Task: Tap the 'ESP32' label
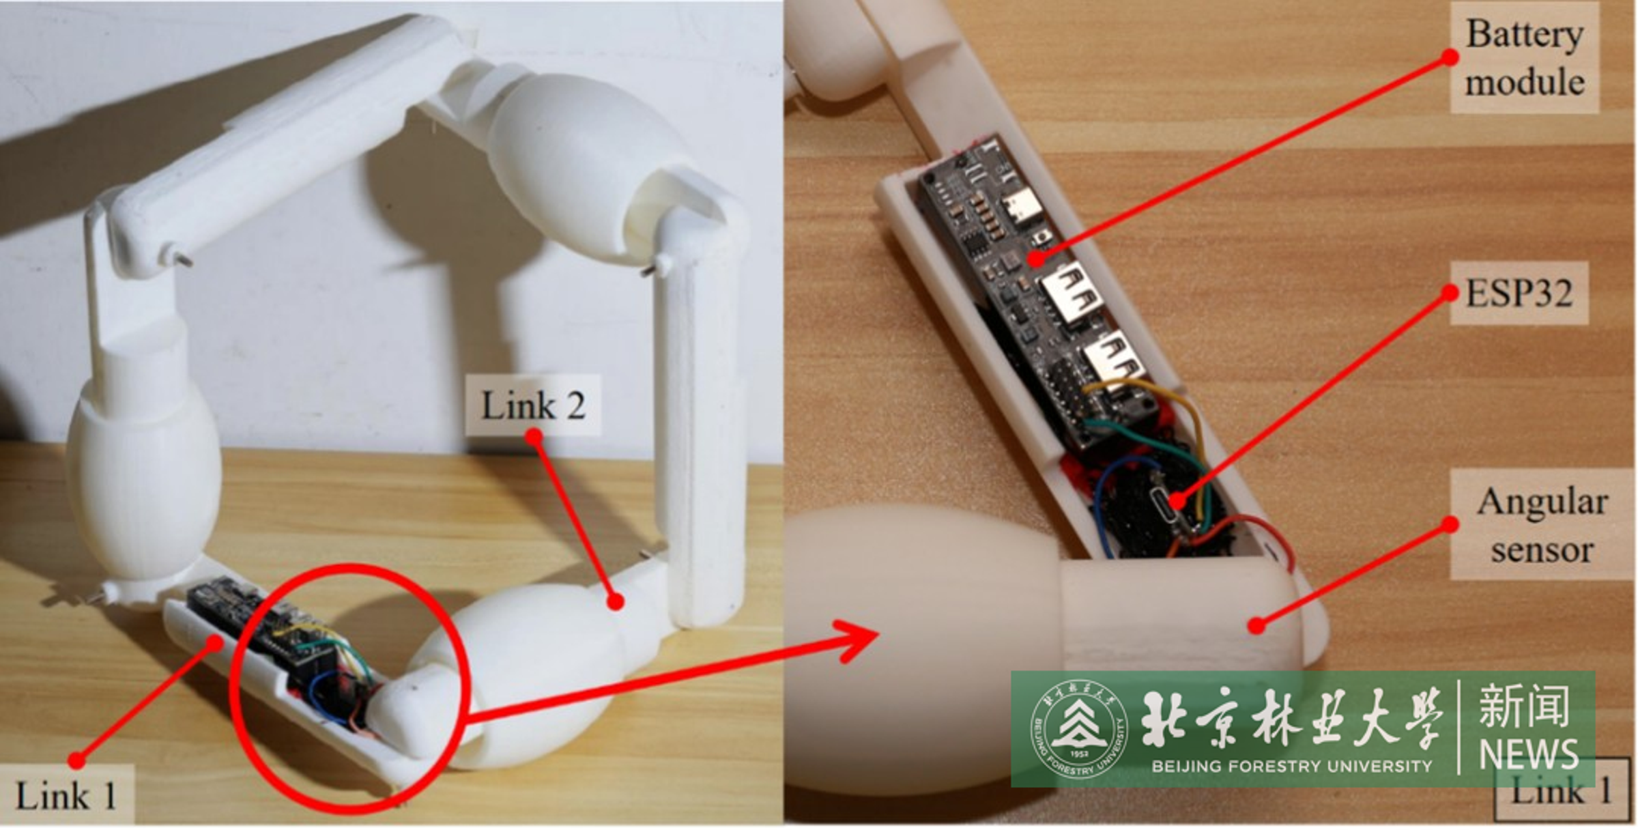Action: click(1519, 294)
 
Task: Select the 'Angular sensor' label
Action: click(1541, 526)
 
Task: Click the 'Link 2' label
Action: click(533, 405)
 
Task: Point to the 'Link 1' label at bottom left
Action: click(66, 796)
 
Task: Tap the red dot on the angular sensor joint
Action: click(1256, 625)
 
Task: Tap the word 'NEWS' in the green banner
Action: click(1528, 754)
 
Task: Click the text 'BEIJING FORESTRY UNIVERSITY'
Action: click(1291, 766)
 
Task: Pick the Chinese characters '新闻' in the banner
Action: click(1524, 708)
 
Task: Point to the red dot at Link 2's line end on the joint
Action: click(616, 601)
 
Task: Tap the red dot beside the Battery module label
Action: click(1450, 58)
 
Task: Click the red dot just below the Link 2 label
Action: click(534, 435)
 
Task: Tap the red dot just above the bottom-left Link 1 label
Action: click(76, 759)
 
